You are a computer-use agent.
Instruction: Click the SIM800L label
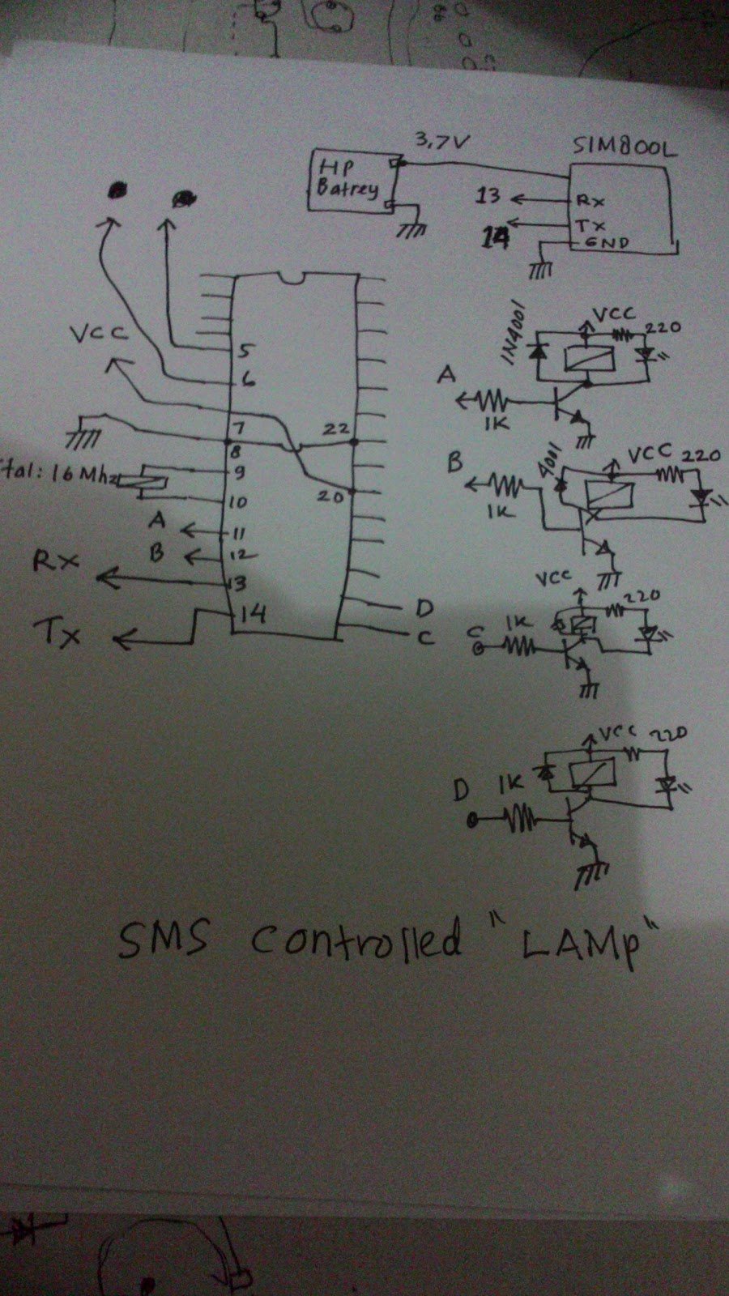click(625, 147)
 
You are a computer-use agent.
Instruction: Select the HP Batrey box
click(350, 181)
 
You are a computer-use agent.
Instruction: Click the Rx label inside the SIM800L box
click(589, 199)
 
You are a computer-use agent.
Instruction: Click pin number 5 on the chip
click(245, 351)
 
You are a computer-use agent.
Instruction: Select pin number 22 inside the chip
click(335, 429)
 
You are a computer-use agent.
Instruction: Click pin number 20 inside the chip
click(330, 497)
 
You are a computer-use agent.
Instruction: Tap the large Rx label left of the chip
click(56, 561)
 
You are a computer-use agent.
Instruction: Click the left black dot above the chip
click(118, 190)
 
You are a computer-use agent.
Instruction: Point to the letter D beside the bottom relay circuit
click(461, 790)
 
